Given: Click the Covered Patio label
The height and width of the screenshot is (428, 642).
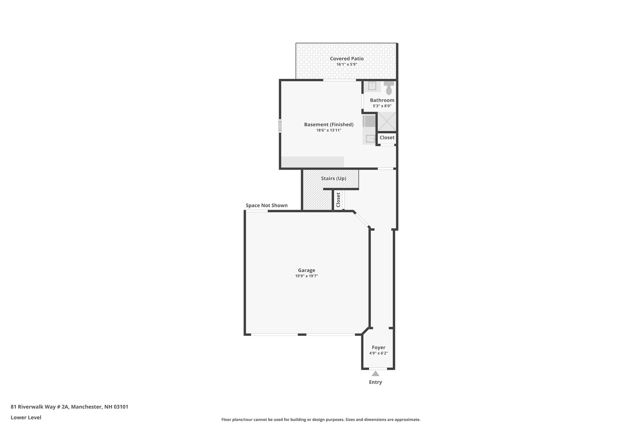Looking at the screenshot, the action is coord(347,59).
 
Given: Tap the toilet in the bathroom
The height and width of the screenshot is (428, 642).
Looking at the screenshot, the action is coord(389,88).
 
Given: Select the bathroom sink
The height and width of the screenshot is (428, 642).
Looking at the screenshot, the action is coord(372,86).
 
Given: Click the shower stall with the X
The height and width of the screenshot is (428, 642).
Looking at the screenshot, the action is coord(387,121).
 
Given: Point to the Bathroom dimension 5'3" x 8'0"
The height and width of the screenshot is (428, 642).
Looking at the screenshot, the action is coord(382,106).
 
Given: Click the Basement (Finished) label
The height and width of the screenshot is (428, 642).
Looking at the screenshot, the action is coord(329,124).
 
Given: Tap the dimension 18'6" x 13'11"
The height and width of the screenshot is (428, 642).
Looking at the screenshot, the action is coord(329,130).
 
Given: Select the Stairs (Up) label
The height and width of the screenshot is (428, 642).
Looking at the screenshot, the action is coord(334,178).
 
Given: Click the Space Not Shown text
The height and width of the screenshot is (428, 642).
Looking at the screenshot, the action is coord(266,205).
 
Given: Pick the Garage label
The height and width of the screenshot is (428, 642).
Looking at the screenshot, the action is coord(307,270).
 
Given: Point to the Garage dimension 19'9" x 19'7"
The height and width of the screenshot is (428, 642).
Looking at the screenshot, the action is coord(307,276).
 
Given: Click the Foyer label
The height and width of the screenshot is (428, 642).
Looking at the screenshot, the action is coord(379,347).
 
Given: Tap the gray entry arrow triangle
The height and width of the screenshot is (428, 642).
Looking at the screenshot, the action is coord(376,374).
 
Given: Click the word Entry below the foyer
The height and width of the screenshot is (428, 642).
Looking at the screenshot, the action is coord(376,382).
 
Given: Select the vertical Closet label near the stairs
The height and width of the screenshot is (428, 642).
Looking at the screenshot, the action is coord(338,200).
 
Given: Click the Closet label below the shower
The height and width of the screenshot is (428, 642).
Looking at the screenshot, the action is coord(387,138).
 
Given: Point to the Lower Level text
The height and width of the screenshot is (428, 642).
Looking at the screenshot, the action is coord(26,417).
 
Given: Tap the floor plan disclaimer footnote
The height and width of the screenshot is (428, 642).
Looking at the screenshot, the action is coord(321,420).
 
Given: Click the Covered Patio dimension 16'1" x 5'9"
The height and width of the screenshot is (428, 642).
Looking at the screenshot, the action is coord(347,64).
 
